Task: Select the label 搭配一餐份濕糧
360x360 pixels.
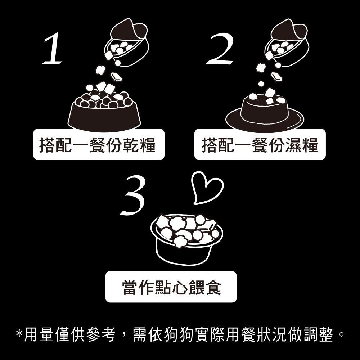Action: (x=260, y=144)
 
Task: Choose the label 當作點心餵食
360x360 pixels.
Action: (x=171, y=287)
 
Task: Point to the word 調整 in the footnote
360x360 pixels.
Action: (x=321, y=335)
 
